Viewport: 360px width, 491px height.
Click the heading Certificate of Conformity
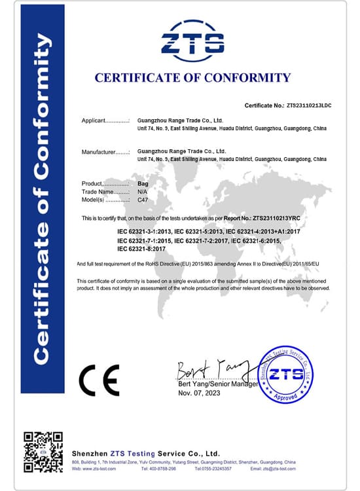(192, 78)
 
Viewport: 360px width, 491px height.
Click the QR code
(43, 452)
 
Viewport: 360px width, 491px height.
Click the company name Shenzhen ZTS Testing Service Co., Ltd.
(145, 453)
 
